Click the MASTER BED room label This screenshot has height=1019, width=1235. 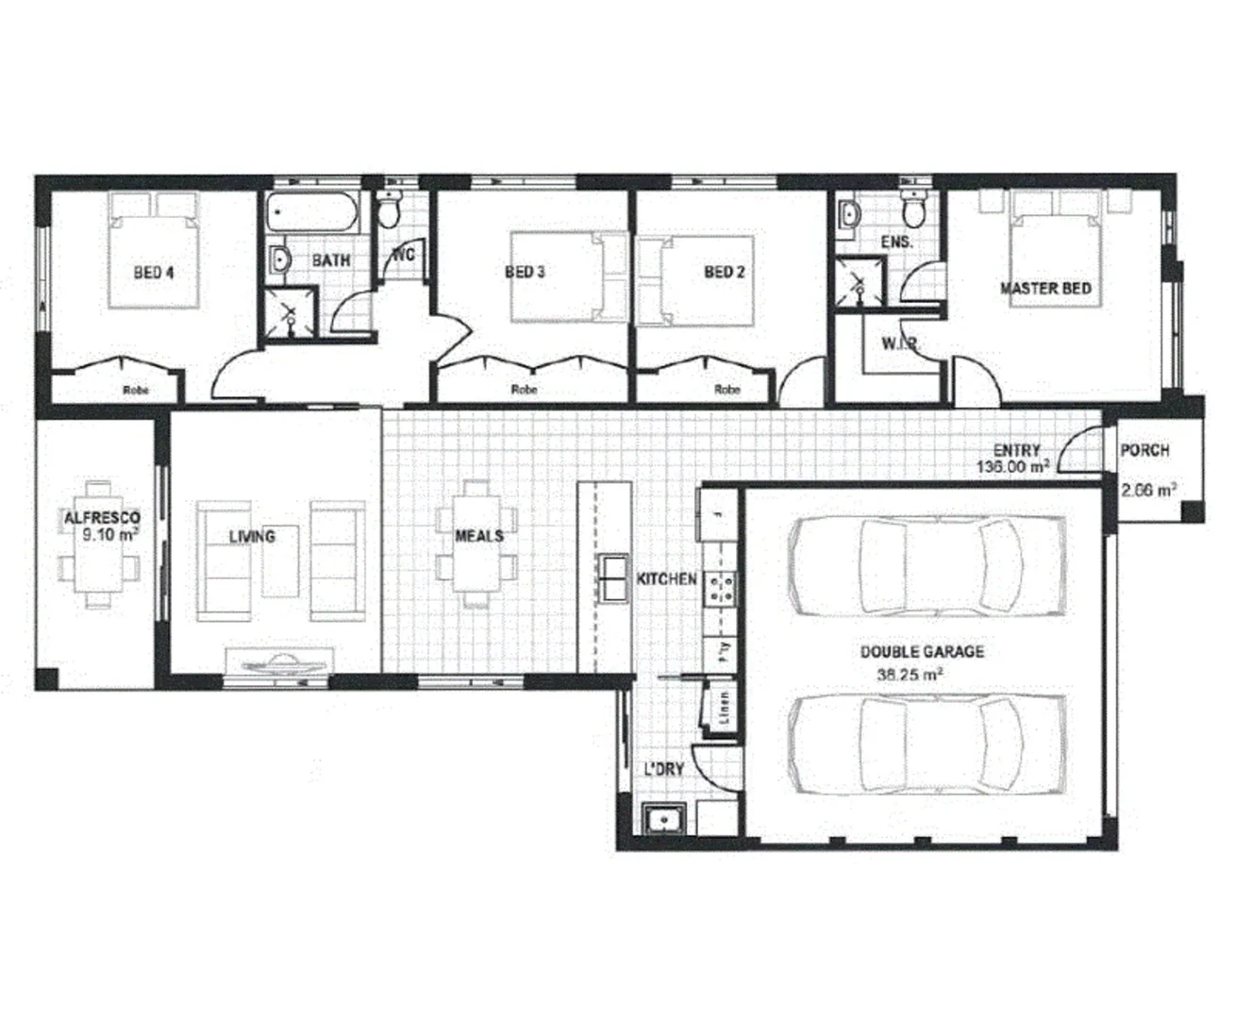tap(1045, 288)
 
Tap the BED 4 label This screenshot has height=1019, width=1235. tap(154, 273)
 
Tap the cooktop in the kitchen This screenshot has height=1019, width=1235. tap(724, 588)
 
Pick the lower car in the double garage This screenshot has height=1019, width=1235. tap(906, 744)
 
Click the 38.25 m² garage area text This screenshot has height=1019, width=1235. tap(910, 674)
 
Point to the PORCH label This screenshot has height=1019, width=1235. tap(1144, 451)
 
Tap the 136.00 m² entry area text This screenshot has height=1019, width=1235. tap(1013, 467)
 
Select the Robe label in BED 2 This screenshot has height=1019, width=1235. tap(726, 390)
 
